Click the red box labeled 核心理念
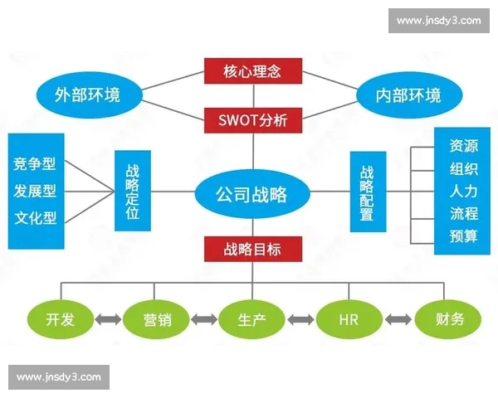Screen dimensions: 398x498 pyautogui.click(x=251, y=71)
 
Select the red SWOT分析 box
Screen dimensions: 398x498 pyautogui.click(x=251, y=120)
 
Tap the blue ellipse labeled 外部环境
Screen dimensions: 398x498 pyautogui.click(x=87, y=94)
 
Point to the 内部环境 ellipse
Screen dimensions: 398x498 pyautogui.click(x=409, y=94)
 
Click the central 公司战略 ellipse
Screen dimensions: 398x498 pyautogui.click(x=251, y=194)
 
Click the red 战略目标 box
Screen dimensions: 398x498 pyautogui.click(x=251, y=249)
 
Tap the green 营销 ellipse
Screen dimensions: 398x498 pyautogui.click(x=157, y=318)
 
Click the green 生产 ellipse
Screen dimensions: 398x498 pyautogui.click(x=251, y=318)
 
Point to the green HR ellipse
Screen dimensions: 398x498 pyautogui.click(x=349, y=318)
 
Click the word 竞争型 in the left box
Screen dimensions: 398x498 pyautogui.click(x=35, y=163)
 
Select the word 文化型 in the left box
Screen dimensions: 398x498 pyautogui.click(x=35, y=218)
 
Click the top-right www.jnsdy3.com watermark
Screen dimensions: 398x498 pyautogui.click(x=438, y=21)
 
